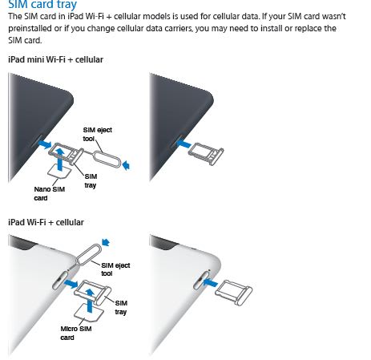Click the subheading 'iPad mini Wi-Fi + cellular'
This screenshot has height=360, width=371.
[55, 60]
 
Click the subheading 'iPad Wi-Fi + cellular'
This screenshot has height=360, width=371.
[45, 220]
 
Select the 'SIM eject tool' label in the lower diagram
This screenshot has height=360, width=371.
[115, 268]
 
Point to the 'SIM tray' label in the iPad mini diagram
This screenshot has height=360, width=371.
[91, 180]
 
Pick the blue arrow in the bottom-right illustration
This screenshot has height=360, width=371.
[209, 282]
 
